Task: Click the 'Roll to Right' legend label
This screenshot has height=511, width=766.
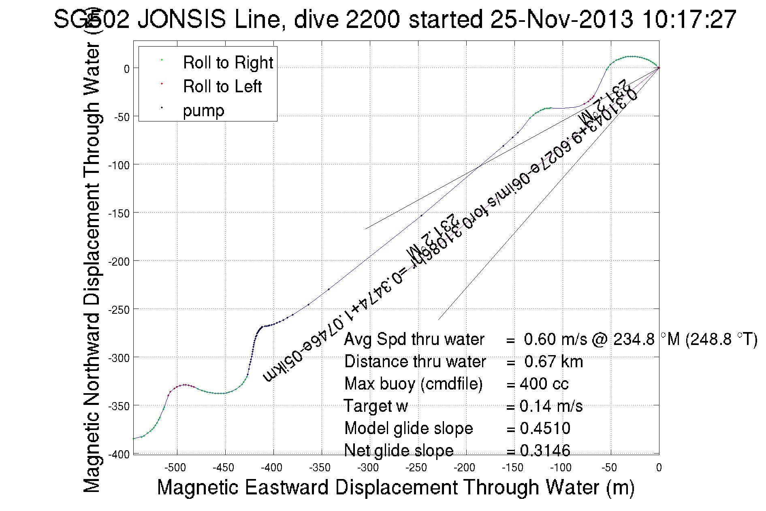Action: click(228, 63)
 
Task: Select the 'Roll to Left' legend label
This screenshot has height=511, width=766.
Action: click(222, 87)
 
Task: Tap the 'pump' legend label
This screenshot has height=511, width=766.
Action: click(203, 111)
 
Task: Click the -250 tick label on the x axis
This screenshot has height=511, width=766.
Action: click(416, 468)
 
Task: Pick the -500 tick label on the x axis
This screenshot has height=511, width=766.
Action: click(175, 468)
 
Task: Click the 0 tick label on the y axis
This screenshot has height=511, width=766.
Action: click(127, 69)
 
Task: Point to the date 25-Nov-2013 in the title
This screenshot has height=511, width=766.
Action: click(561, 19)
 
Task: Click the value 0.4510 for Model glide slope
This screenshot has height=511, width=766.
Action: click(545, 428)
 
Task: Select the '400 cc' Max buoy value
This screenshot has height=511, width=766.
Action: click(544, 384)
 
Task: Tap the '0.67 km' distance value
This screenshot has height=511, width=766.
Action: click(553, 362)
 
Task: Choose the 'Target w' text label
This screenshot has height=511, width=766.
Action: click(376, 406)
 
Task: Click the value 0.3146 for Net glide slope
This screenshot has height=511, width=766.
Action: click(545, 451)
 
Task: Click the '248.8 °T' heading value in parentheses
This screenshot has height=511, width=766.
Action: click(721, 339)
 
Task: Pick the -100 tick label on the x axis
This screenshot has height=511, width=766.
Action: click(561, 468)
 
